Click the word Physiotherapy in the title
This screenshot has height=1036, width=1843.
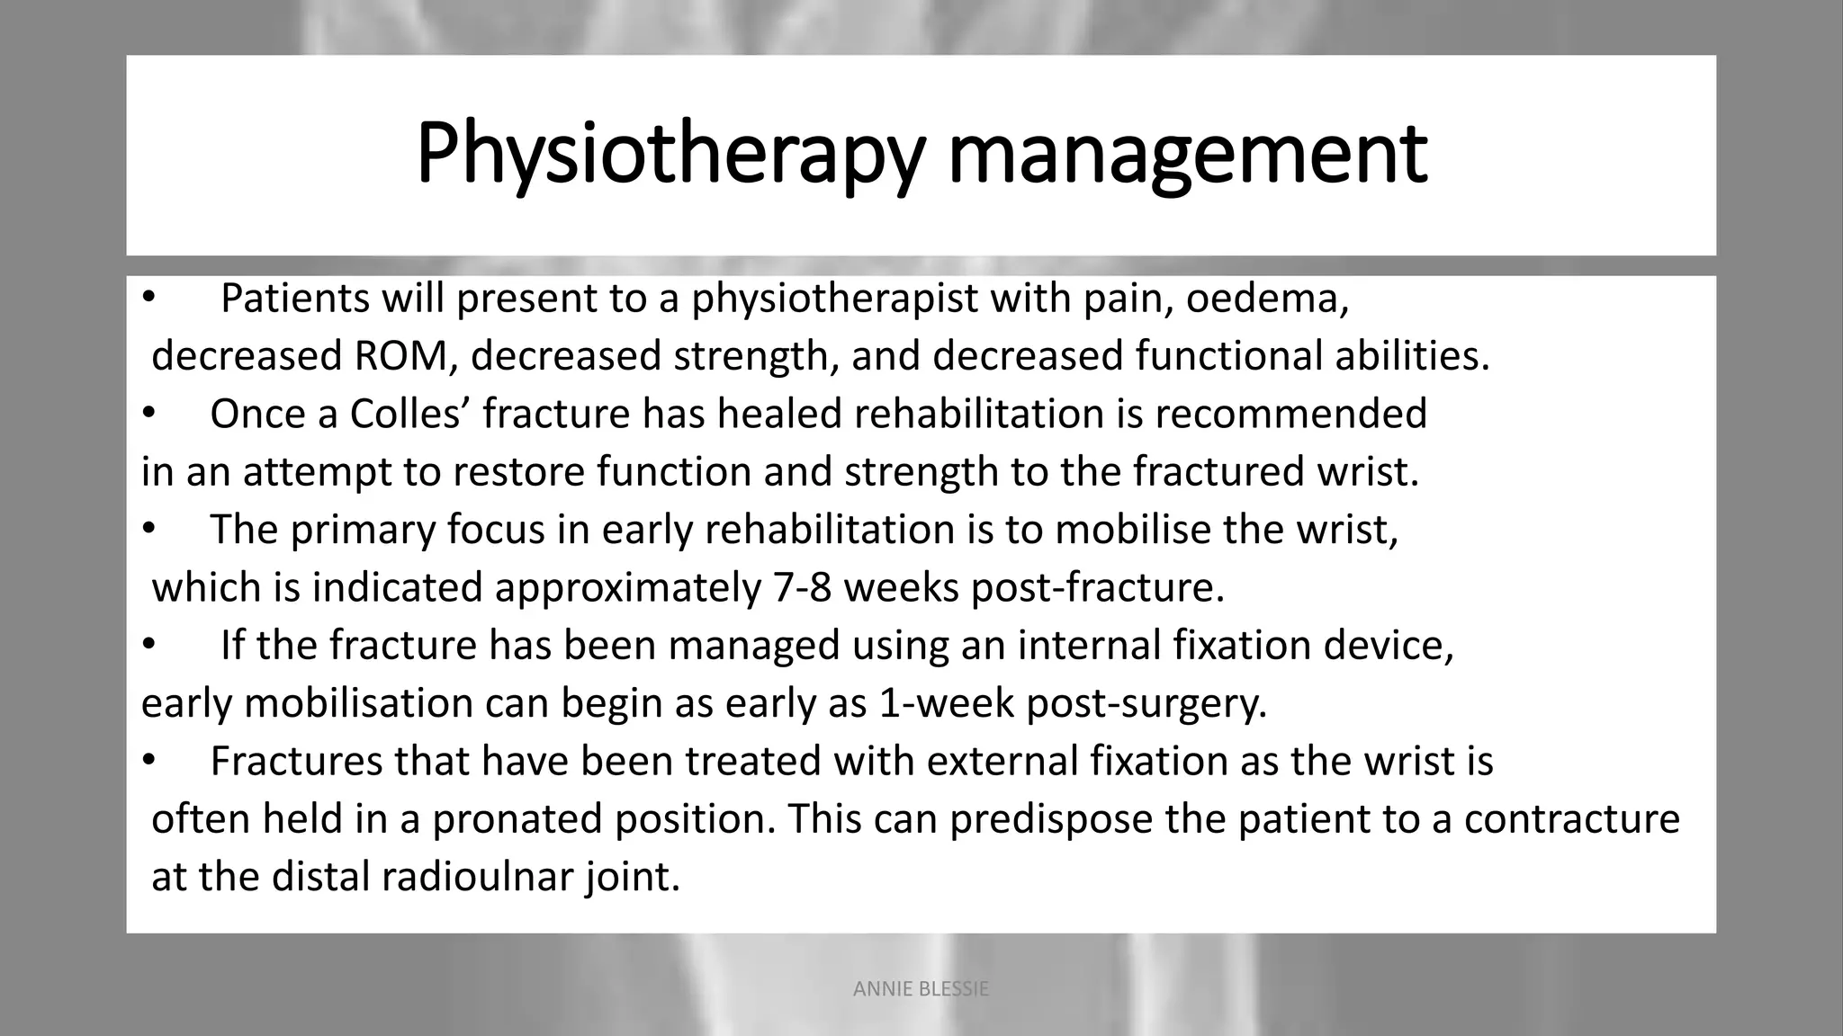(x=670, y=155)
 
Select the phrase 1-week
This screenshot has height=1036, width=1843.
(x=946, y=703)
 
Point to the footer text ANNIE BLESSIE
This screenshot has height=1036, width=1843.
(x=921, y=989)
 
